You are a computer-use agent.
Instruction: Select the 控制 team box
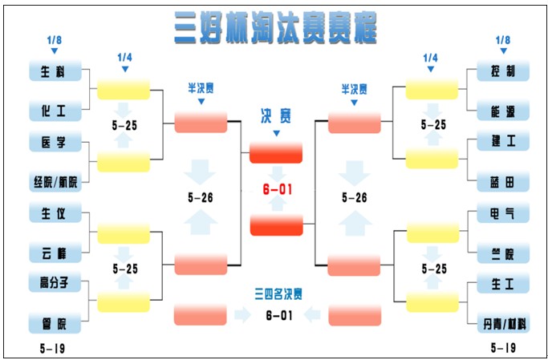[503, 71]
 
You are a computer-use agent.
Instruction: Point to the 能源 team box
[503, 110]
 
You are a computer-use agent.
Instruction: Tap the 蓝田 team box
[503, 181]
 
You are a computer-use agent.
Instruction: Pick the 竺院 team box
[503, 253]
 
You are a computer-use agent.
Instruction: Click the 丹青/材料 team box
[503, 323]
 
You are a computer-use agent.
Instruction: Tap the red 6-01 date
[276, 189]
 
